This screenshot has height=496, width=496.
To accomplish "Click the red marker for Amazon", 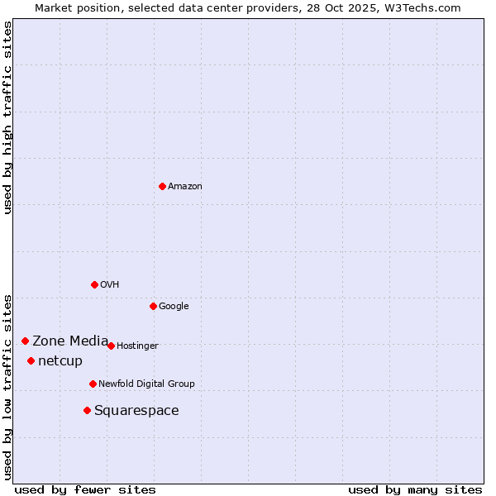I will [x=162, y=186].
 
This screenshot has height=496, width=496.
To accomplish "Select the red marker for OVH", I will [x=94, y=284].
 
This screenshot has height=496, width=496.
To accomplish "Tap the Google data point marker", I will [x=153, y=306].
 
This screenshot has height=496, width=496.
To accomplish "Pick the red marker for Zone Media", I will [x=25, y=341].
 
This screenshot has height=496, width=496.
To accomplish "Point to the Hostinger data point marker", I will [x=111, y=346].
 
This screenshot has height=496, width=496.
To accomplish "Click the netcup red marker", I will [x=31, y=360].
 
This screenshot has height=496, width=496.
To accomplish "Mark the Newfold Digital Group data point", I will [x=93, y=384].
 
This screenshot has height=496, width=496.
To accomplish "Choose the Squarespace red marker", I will [x=87, y=410].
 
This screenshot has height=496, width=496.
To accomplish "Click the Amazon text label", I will [x=185, y=187].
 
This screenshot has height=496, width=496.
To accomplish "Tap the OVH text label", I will [x=110, y=285].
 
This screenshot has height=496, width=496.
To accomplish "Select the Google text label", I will [x=174, y=307].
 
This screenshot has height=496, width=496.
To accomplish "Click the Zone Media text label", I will [x=70, y=341].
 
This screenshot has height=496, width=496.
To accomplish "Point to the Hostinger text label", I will [x=137, y=346].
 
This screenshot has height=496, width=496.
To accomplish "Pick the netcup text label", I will [x=60, y=361].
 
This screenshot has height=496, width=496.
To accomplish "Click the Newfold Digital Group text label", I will [x=146, y=384].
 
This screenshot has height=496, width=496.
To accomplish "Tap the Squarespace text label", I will [x=136, y=411].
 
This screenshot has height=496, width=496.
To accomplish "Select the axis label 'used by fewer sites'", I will [x=85, y=489].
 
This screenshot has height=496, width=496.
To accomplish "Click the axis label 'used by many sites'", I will [x=415, y=489].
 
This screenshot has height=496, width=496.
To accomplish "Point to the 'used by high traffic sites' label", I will [x=7, y=117].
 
